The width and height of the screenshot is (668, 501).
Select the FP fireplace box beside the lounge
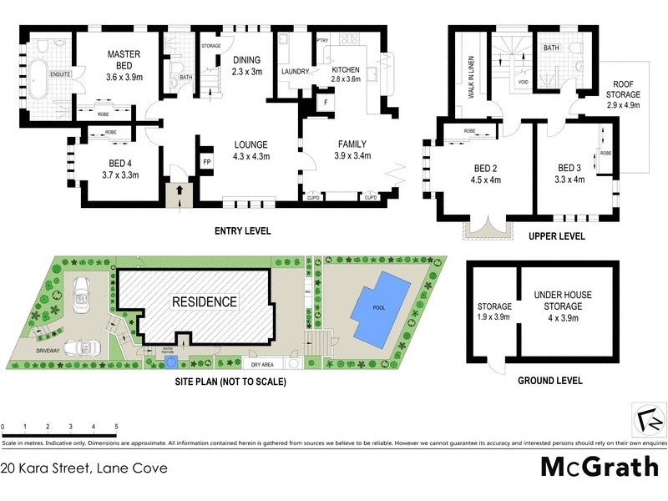click(206, 161)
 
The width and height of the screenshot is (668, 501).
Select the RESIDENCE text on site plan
click(205, 301)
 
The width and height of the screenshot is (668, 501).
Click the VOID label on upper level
click(523, 83)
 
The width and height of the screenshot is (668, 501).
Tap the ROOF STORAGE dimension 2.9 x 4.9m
click(624, 105)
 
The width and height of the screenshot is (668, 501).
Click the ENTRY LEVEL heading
click(242, 231)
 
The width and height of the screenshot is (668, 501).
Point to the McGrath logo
click(600, 467)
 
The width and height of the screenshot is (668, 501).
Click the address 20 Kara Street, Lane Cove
click(84, 468)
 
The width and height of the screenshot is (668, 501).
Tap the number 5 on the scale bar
click(116, 426)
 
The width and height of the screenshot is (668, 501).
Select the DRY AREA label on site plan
click(263, 365)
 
